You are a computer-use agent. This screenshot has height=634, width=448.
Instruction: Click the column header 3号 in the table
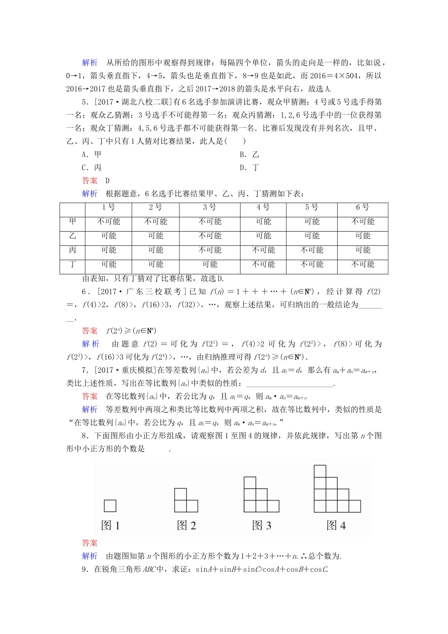pos(210,208)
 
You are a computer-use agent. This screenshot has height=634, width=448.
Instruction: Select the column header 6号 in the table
pos(363,208)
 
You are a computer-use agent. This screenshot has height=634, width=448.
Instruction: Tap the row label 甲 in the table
pos(73,222)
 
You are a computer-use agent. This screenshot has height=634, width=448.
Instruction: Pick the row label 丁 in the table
pos(73,264)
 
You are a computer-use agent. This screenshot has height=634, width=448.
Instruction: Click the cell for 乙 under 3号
pos(210,236)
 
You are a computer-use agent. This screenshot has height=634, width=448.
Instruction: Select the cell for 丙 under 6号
pos(363,250)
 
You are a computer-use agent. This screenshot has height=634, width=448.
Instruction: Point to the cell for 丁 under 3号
pos(210,264)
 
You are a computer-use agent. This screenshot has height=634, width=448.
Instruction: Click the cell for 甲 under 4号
pos(263,222)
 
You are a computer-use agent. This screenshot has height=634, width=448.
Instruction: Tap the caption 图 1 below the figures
pos(110,526)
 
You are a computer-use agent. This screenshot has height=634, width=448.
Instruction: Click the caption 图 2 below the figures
pos(186,526)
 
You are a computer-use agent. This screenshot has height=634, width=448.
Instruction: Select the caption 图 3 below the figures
pos(262,526)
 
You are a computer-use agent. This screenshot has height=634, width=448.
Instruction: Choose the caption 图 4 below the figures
pos(336,526)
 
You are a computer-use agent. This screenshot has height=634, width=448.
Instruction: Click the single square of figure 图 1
pos(110,506)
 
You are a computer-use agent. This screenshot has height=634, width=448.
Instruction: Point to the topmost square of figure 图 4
pos(320,471)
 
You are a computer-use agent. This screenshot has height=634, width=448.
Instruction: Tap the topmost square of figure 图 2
pos(180,494)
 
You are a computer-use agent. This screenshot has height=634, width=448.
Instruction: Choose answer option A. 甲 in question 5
pos(91,154)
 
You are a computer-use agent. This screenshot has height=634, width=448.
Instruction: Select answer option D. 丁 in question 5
pos(249,167)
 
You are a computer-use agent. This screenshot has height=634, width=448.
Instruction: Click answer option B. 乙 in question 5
pos(249,154)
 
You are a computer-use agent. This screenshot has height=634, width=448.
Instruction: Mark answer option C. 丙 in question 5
pos(91,167)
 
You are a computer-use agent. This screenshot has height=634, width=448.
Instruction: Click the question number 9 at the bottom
pos(84,569)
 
